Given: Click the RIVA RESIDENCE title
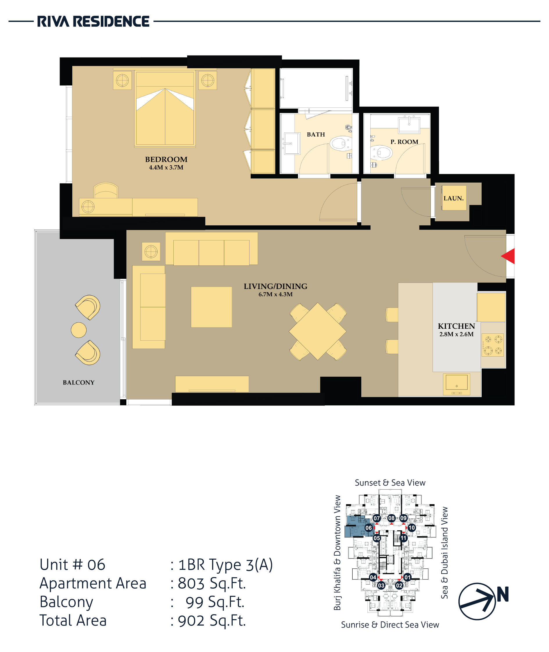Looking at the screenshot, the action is click(93, 21).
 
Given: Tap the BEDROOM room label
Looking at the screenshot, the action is click(166, 159).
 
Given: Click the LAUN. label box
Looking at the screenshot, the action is click(454, 198).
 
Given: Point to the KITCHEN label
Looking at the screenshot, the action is click(456, 326).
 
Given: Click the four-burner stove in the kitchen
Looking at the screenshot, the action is click(493, 345).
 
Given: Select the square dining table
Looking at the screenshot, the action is click(317, 331).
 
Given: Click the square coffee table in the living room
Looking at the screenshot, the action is click(211, 307).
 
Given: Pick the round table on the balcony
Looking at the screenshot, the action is click(79, 330).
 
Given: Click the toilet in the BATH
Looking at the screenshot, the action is click(341, 143).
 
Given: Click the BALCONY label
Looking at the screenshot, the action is click(78, 382).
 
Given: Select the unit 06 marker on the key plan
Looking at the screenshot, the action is click(369, 527).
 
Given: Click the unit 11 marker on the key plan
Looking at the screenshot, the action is click(403, 538).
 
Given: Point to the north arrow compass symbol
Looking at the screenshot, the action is click(477, 601).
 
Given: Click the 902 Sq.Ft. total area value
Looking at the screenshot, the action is click(212, 621).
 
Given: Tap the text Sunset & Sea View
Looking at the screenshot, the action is click(390, 483).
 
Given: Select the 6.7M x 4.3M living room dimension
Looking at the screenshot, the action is click(275, 294).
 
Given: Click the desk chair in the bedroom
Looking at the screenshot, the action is click(106, 191).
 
